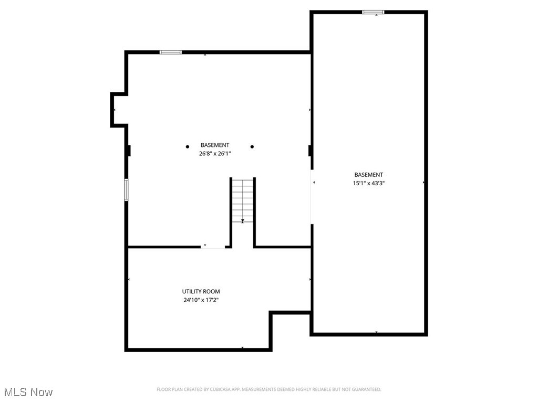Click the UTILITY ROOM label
pyautogui.click(x=201, y=291)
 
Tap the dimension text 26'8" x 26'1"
pyautogui.click(x=215, y=154)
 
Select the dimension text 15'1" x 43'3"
pyautogui.click(x=368, y=183)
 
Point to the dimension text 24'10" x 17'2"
pyautogui.click(x=201, y=300)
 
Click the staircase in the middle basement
pyautogui.click(x=243, y=200)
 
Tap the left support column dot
pyautogui.click(x=187, y=147)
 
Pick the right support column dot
pyautogui.click(x=252, y=147)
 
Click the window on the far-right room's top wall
pyautogui.click(x=373, y=12)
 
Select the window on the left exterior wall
pyautogui.click(x=126, y=189)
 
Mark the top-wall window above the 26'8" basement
pyautogui.click(x=171, y=52)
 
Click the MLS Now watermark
pyautogui.click(x=28, y=392)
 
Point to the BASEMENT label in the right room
pyautogui.click(x=368, y=175)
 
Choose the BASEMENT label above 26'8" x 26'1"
pyautogui.click(x=215, y=145)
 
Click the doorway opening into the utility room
pyautogui.click(x=213, y=247)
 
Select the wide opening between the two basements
pyautogui.click(x=312, y=197)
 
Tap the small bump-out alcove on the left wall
pyautogui.click(x=119, y=110)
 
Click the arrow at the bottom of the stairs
pyautogui.click(x=243, y=221)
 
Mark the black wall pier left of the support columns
pyautogui.click(x=128, y=151)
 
